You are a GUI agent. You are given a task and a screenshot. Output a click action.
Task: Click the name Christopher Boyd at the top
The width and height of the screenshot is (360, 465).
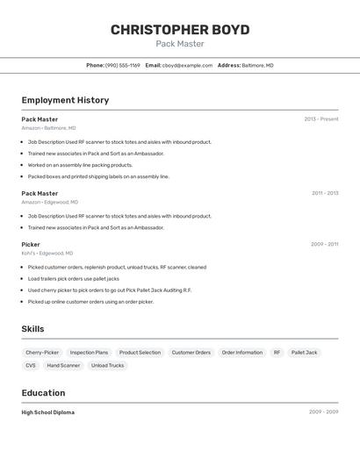[180, 30]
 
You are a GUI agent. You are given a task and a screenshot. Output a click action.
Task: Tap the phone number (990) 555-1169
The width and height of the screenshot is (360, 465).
[122, 66]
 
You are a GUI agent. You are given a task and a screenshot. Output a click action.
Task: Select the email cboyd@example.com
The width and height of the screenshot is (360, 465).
[187, 66]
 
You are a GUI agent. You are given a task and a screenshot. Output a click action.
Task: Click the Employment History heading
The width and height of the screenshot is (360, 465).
[65, 100]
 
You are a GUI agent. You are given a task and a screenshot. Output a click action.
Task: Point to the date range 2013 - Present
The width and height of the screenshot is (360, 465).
[321, 119]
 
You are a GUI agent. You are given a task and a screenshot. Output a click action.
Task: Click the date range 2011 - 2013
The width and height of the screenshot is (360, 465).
[325, 193]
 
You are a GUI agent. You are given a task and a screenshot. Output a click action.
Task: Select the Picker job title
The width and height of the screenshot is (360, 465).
[31, 245]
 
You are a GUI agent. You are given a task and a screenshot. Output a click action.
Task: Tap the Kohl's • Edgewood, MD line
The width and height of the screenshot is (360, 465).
[47, 254]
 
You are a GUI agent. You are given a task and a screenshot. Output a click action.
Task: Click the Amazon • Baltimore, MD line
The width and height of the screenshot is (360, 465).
[48, 128]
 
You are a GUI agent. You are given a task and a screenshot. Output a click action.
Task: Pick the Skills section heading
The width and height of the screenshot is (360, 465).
[33, 329]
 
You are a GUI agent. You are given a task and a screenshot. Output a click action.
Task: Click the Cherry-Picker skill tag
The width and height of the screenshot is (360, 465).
[42, 353]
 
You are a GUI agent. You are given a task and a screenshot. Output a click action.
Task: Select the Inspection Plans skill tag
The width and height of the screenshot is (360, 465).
[89, 353]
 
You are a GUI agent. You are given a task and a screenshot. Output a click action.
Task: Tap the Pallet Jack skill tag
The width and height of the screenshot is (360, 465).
[305, 353]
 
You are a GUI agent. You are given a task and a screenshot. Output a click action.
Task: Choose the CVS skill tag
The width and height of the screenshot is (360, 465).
[31, 366]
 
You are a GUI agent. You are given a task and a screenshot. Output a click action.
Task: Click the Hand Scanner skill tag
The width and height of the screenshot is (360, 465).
[63, 366]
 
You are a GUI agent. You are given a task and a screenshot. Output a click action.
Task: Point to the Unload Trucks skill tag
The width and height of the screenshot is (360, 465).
[107, 366]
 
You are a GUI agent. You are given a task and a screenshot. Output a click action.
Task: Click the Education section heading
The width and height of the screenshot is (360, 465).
[43, 393]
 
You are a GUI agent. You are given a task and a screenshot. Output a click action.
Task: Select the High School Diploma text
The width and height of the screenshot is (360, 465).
[48, 412]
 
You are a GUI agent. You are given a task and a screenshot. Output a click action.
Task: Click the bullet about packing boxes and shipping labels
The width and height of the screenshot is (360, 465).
[98, 176]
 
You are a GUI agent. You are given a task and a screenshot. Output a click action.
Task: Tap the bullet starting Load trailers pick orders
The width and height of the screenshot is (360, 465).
[73, 279]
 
